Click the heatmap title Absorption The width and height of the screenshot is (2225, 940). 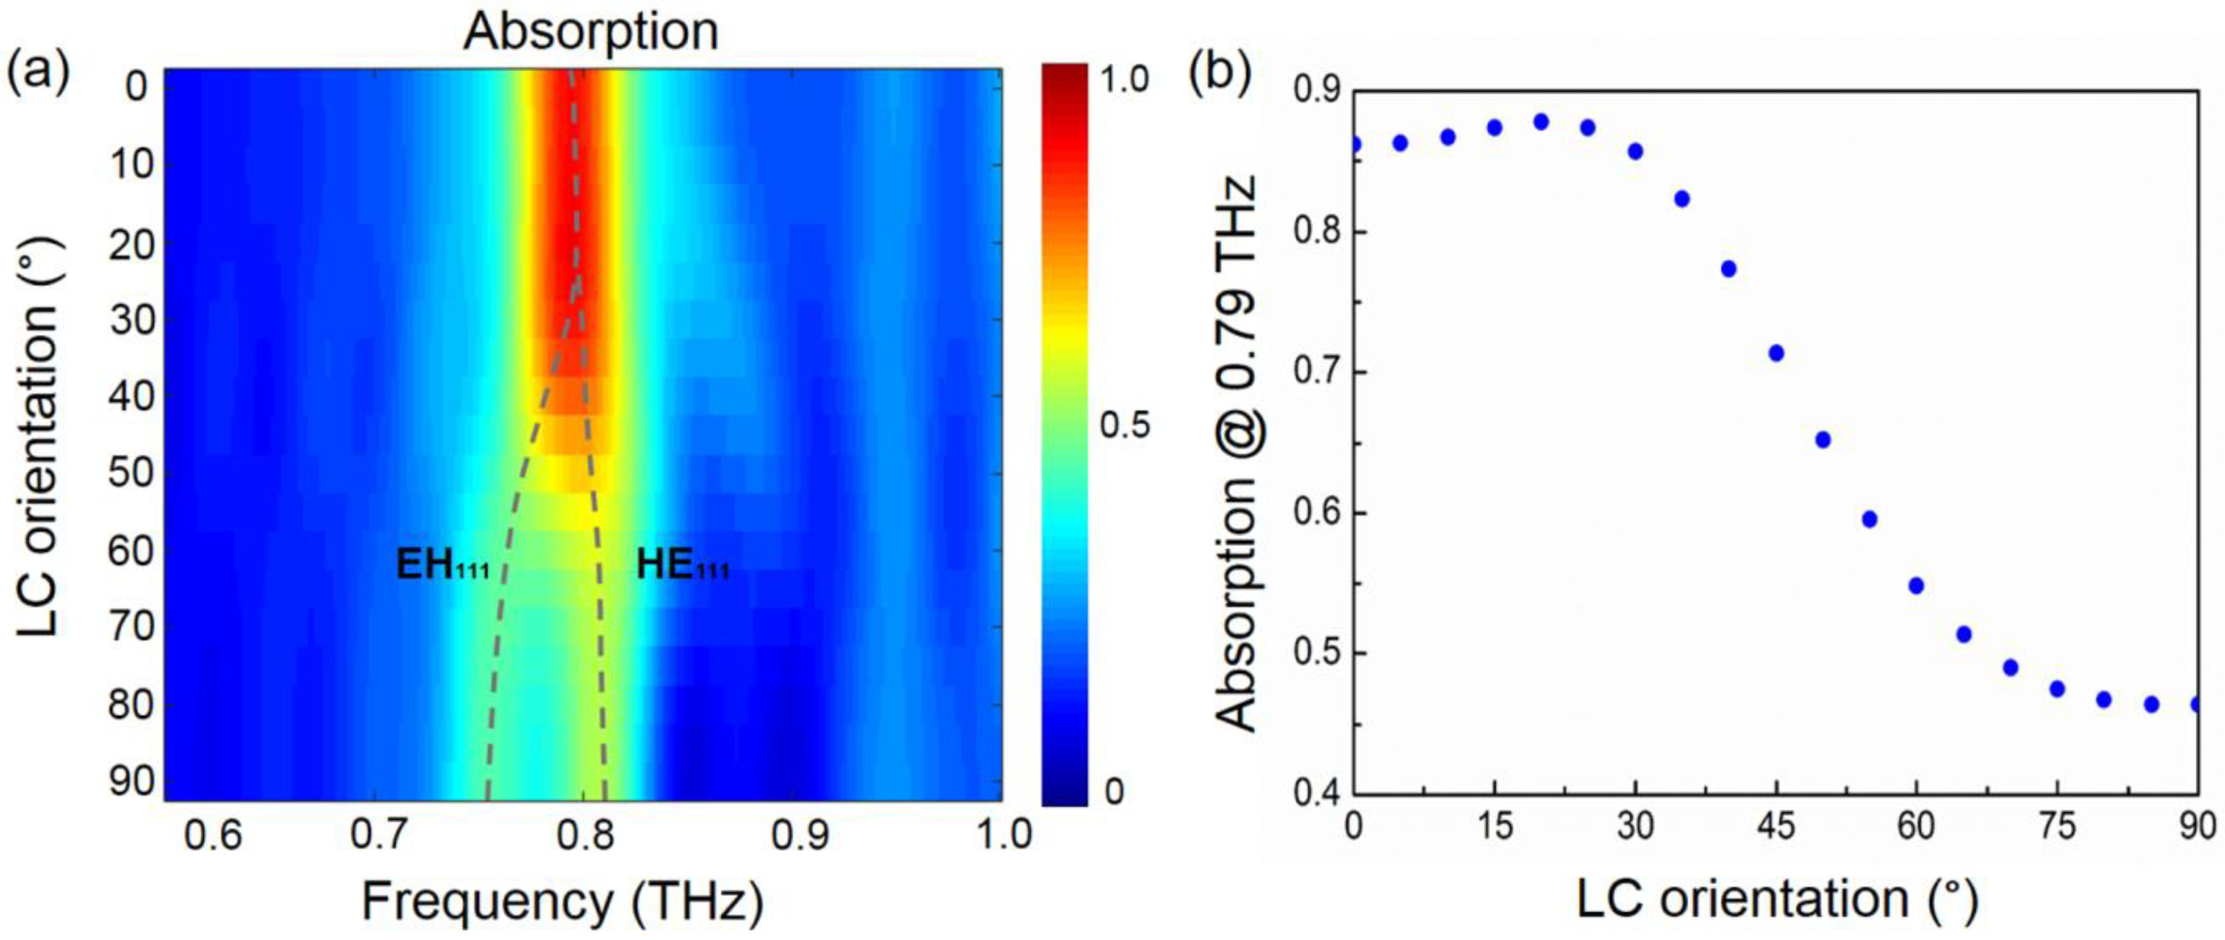tap(591, 33)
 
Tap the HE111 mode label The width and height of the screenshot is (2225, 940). tap(683, 566)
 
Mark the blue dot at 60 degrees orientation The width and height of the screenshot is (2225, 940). tap(1916, 586)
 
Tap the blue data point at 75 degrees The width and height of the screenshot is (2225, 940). tap(2056, 688)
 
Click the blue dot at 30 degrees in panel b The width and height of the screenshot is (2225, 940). tap(1635, 151)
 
